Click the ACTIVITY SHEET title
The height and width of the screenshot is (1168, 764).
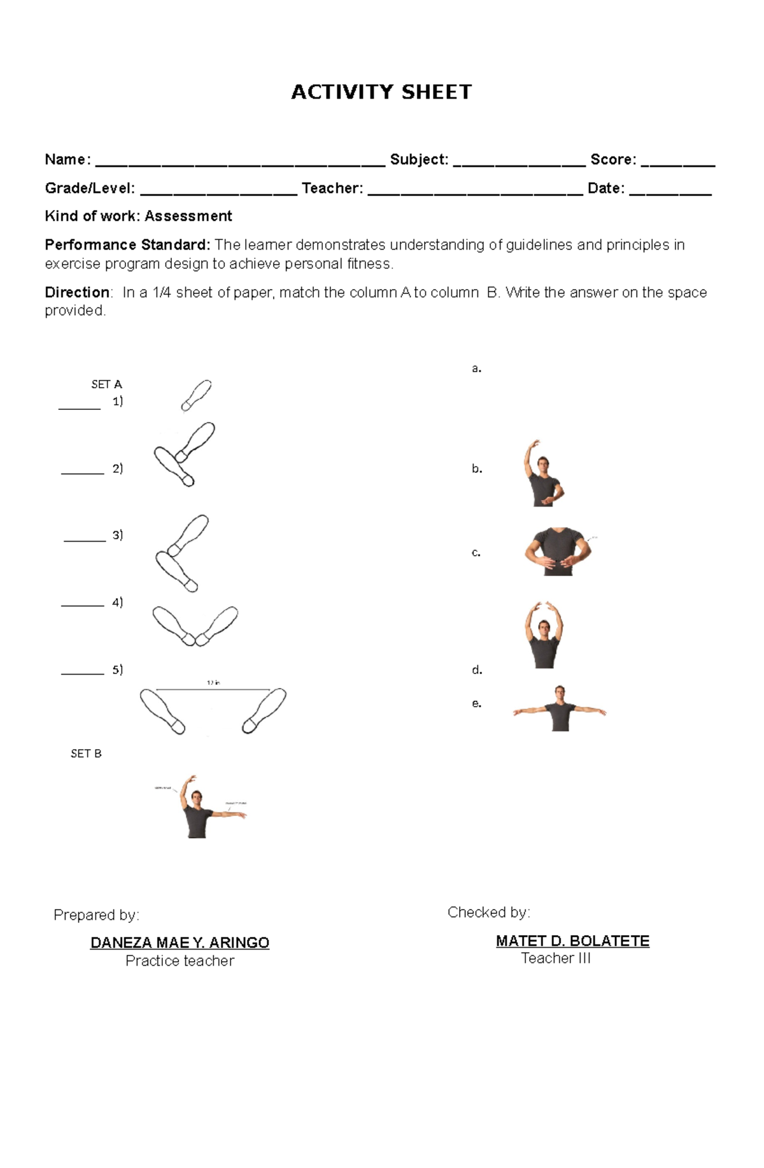click(x=381, y=92)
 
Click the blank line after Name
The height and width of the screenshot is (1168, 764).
click(x=240, y=164)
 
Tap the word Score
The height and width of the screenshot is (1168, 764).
click(x=612, y=160)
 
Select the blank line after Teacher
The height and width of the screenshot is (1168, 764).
click(x=475, y=193)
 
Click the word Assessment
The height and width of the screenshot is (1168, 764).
click(x=188, y=216)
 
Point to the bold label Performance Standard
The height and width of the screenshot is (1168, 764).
click(x=127, y=245)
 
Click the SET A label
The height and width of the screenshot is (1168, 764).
click(x=106, y=384)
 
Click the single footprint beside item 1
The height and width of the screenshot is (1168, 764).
click(x=197, y=395)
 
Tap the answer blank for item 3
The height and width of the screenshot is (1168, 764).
click(x=85, y=540)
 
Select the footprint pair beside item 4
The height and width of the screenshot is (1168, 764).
click(x=195, y=626)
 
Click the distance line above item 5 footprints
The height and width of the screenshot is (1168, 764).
click(x=213, y=689)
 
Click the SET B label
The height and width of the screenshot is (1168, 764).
click(x=86, y=754)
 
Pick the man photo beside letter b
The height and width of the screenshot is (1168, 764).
click(x=542, y=474)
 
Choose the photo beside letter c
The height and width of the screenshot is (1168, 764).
click(x=558, y=551)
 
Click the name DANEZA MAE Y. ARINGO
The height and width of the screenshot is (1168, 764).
click(x=180, y=943)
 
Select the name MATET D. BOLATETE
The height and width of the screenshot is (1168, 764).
click(x=572, y=941)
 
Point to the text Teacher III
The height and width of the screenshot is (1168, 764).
click(x=556, y=959)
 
